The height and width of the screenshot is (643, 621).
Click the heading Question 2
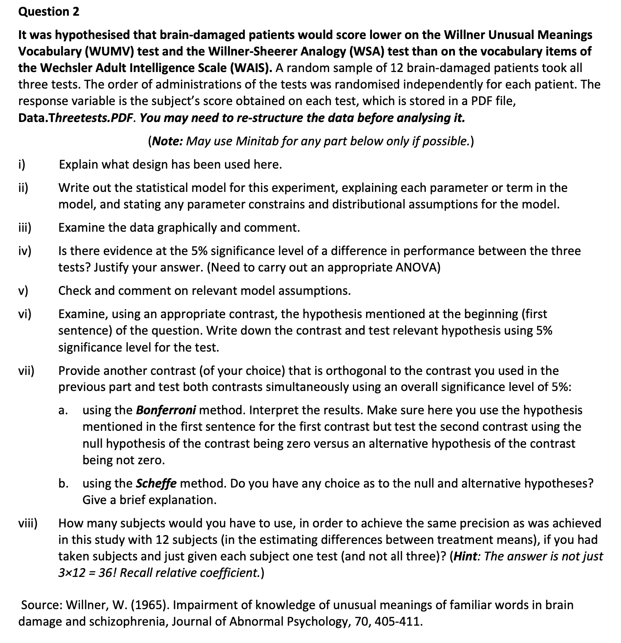pyautogui.click(x=49, y=11)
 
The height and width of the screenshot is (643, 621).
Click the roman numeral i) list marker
pyautogui.click(x=22, y=164)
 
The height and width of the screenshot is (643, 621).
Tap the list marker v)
pyautogui.click(x=23, y=291)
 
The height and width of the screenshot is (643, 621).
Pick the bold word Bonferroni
pyautogui.click(x=166, y=410)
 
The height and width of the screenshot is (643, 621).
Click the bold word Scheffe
pyautogui.click(x=156, y=483)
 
